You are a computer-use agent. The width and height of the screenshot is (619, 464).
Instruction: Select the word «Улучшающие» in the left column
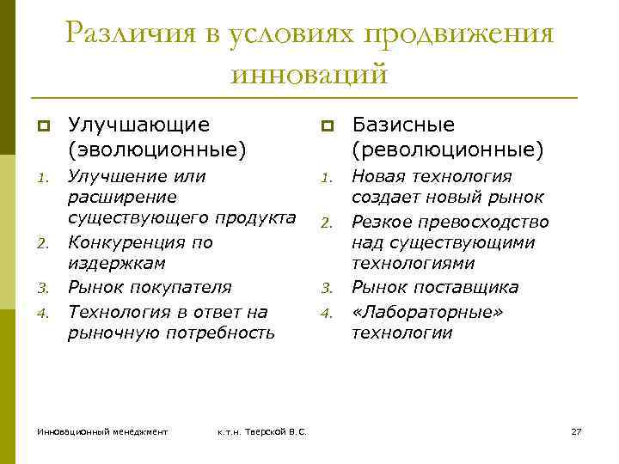[138, 125]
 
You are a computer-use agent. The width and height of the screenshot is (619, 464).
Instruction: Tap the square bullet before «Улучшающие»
[40, 126]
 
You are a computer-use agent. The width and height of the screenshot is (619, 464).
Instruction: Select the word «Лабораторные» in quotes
[426, 311]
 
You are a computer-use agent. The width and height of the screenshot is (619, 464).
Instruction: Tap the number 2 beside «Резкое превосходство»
[326, 223]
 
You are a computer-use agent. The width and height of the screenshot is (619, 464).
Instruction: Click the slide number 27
[576, 430]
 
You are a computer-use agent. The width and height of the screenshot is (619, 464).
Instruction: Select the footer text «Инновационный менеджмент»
[102, 430]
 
